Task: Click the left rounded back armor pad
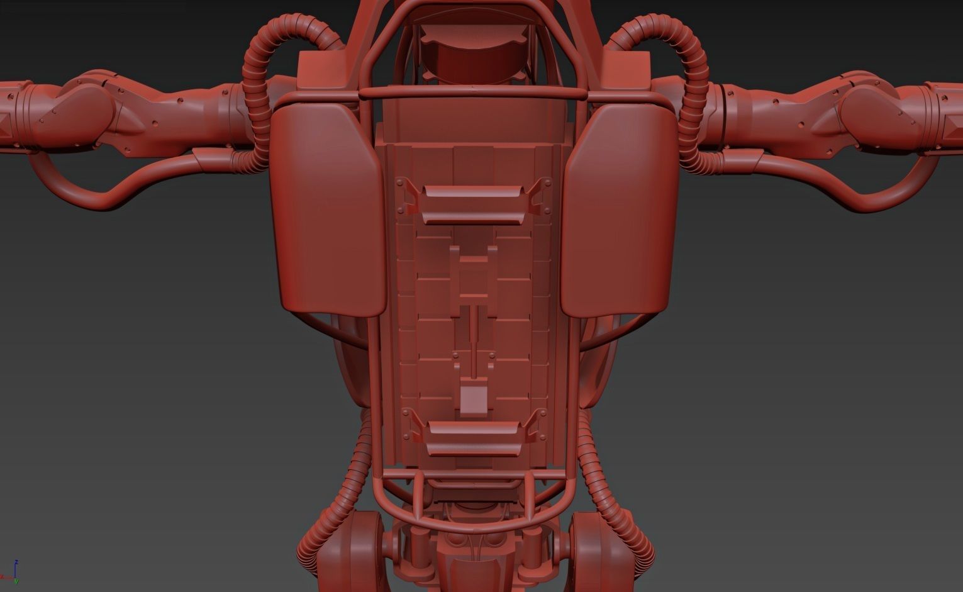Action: coord(327,208)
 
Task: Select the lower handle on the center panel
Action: coord(473,438)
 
